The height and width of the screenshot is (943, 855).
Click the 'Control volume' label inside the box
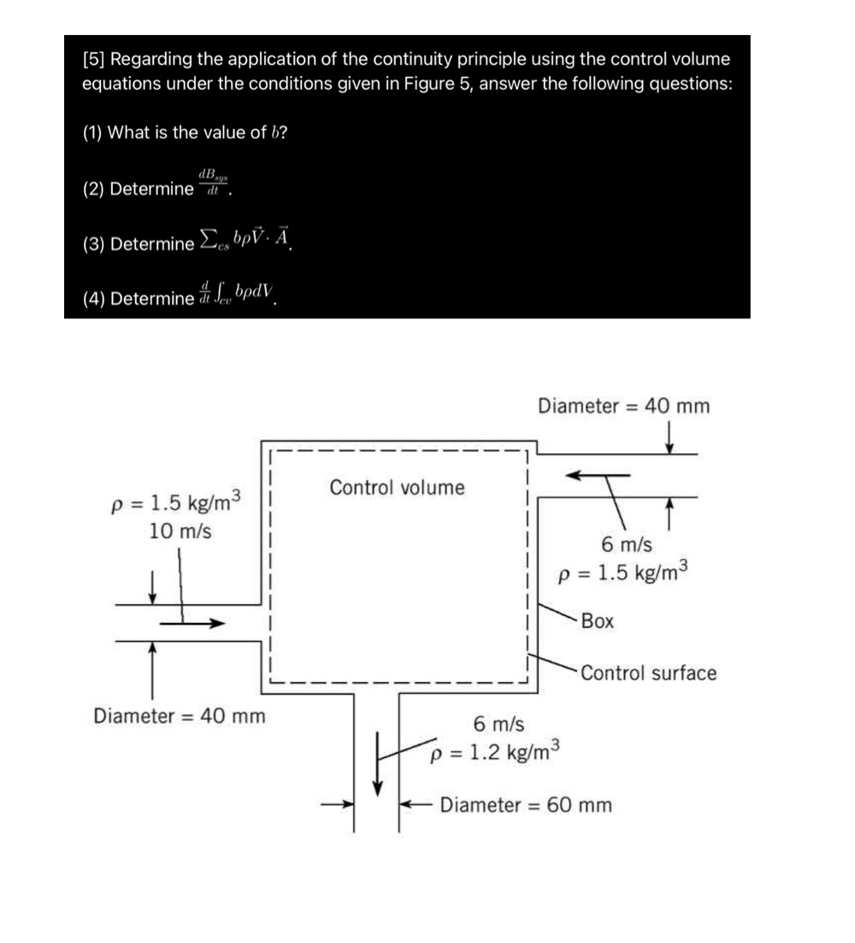[x=398, y=488]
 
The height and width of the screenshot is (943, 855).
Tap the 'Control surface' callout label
[x=648, y=673]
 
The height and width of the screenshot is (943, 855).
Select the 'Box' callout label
[x=598, y=622]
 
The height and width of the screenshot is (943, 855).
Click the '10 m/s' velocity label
[x=180, y=531]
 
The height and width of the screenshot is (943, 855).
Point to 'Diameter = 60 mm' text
[x=526, y=805]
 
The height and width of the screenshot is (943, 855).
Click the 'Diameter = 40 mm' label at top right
[x=623, y=406]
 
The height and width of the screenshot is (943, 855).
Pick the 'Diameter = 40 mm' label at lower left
[x=179, y=715]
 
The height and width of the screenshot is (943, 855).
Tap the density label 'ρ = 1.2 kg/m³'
[x=496, y=752]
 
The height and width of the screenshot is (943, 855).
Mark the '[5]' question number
[x=94, y=60]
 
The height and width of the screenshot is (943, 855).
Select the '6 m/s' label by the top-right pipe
[x=627, y=544]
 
